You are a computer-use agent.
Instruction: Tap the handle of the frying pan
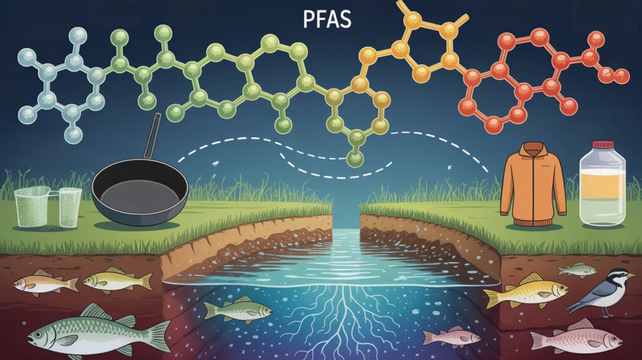click(x=151, y=135)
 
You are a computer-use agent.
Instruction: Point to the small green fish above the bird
click(x=577, y=270)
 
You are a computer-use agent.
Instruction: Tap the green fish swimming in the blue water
click(x=238, y=309)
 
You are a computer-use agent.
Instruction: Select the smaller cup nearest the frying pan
click(x=70, y=206)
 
